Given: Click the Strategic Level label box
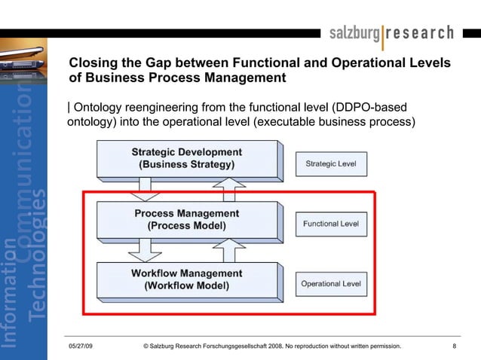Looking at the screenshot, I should click(x=331, y=163).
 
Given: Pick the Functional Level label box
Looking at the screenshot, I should click(x=331, y=224).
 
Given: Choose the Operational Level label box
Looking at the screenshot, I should click(x=331, y=284).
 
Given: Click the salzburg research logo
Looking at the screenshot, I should click(x=391, y=33).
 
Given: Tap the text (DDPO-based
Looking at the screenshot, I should click(x=369, y=107).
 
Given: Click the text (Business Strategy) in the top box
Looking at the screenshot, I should click(x=186, y=164).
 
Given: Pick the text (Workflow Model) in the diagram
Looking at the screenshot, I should click(x=186, y=285).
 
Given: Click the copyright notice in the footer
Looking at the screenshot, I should click(x=271, y=346).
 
